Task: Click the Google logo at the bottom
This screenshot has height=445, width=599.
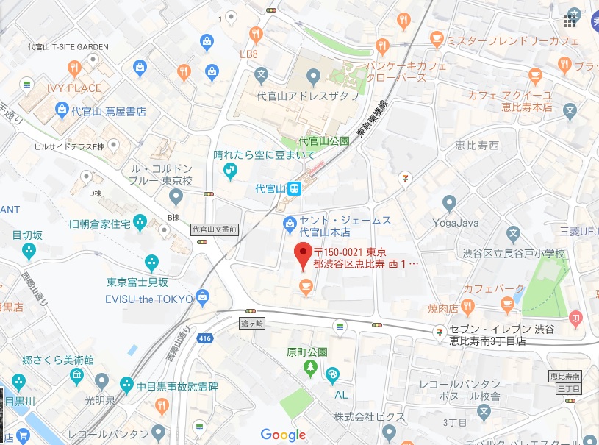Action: (283, 435)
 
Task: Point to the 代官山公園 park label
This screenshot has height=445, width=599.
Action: (323, 140)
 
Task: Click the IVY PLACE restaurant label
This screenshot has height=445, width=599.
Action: (74, 88)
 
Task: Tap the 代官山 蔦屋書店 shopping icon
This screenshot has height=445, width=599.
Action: (62, 112)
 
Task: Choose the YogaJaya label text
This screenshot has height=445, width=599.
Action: (455, 222)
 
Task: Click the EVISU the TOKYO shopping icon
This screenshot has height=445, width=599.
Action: (203, 298)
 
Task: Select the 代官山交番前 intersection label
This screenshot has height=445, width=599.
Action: (214, 229)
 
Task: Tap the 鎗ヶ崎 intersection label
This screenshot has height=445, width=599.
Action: (251, 322)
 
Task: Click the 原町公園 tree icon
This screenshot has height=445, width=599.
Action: (312, 366)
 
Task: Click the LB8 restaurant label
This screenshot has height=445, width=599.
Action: (249, 54)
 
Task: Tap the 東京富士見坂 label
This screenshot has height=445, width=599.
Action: (137, 282)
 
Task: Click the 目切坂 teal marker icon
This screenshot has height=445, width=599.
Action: (29, 252)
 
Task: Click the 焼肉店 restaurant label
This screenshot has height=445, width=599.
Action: (443, 307)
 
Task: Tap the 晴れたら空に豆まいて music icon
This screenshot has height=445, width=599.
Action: (231, 171)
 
